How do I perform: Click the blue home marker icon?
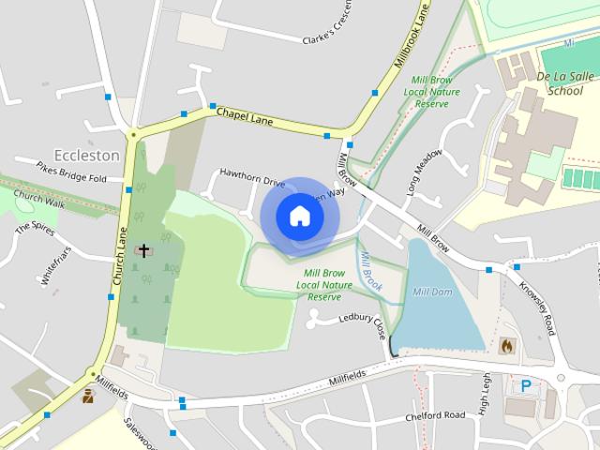[x=299, y=216]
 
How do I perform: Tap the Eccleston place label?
[x=87, y=155]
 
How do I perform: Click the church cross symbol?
[x=143, y=250]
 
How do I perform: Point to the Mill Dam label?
[x=433, y=292]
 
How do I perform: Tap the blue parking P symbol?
[x=526, y=385]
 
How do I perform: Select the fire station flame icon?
[x=508, y=346]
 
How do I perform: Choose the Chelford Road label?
[x=435, y=414]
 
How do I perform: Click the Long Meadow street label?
[x=423, y=172]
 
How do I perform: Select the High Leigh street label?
[x=485, y=393]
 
